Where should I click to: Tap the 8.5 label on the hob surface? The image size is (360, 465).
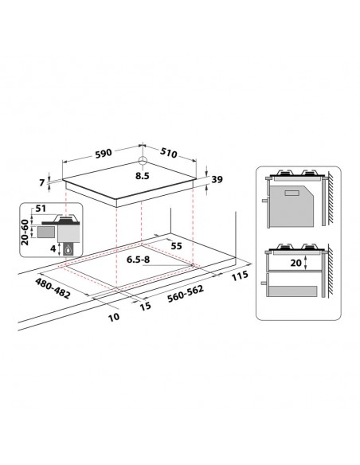coord(142,175)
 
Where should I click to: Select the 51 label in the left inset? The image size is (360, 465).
coord(41,210)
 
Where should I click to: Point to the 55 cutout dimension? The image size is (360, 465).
coord(177,248)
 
